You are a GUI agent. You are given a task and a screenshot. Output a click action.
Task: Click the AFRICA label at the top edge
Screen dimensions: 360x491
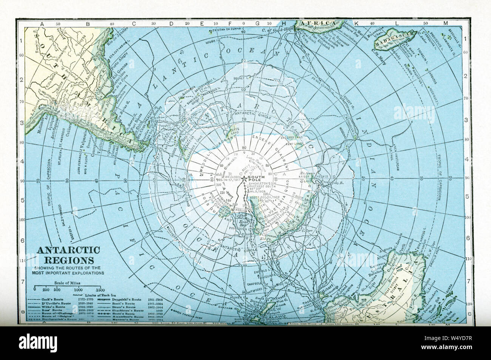click(x=318, y=24)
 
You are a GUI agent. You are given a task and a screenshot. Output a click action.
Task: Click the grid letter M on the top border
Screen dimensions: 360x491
click(x=445, y=23)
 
